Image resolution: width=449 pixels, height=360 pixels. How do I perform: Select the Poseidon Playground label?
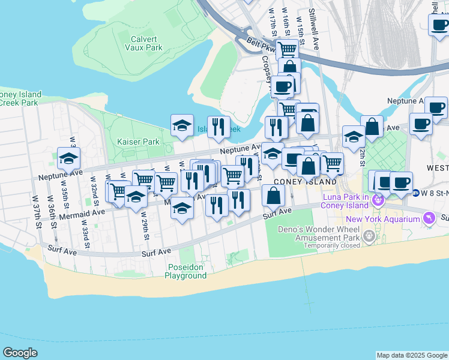[x=185, y=271]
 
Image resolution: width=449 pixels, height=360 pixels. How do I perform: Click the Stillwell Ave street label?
[x=313, y=22]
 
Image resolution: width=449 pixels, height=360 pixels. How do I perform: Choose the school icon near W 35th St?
[x=69, y=158]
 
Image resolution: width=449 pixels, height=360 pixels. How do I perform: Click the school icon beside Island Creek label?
[x=182, y=125]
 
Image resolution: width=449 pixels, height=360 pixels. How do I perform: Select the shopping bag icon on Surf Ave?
[x=273, y=196]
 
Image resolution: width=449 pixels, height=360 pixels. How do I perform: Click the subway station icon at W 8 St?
[x=416, y=193]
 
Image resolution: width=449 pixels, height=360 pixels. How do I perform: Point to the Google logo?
[x=20, y=353]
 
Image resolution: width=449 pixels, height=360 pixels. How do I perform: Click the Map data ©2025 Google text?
[x=411, y=355]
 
